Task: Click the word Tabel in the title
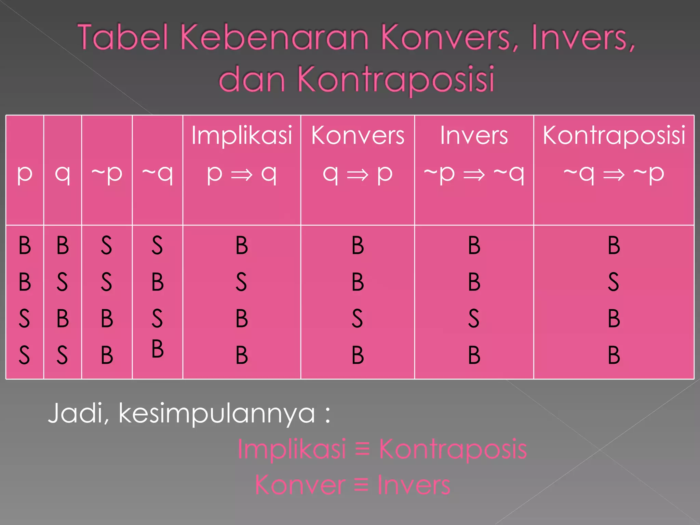point(123,37)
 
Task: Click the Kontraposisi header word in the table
point(614,135)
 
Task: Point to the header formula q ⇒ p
point(358,174)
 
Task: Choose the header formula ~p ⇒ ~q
point(474,174)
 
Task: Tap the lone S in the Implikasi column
point(241,282)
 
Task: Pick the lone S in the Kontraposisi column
point(614,282)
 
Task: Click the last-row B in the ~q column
point(158,349)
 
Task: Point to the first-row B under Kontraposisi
point(614,245)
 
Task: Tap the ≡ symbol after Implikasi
point(363,448)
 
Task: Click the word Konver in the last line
point(300,485)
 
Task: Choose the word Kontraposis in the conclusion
point(453,449)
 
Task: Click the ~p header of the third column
point(107,174)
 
